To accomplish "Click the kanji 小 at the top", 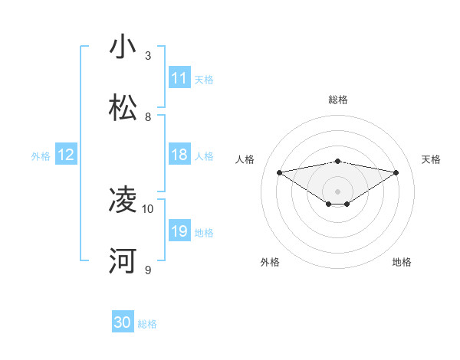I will coord(123,47).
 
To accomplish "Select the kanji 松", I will coord(123,108).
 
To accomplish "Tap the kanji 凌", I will coord(123,200).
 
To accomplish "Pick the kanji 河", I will coord(123,260).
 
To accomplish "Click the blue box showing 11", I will coord(179,78).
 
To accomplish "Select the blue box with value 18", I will coord(179,155).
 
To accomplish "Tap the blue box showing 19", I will coord(179,231).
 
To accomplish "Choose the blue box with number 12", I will coord(66,155).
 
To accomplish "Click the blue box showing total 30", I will coord(123,322).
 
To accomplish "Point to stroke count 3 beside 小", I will coord(148,56).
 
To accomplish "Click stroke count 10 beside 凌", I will coord(148,208).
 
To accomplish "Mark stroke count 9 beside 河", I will coord(148,270).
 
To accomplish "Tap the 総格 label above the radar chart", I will coord(338,100).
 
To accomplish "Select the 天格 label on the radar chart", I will coord(432,159).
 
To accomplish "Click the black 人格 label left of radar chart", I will coord(245,159).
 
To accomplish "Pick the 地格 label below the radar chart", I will coord(402,262).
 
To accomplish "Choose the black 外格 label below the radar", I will coord(270,262).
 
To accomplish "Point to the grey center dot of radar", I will coord(338,191).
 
